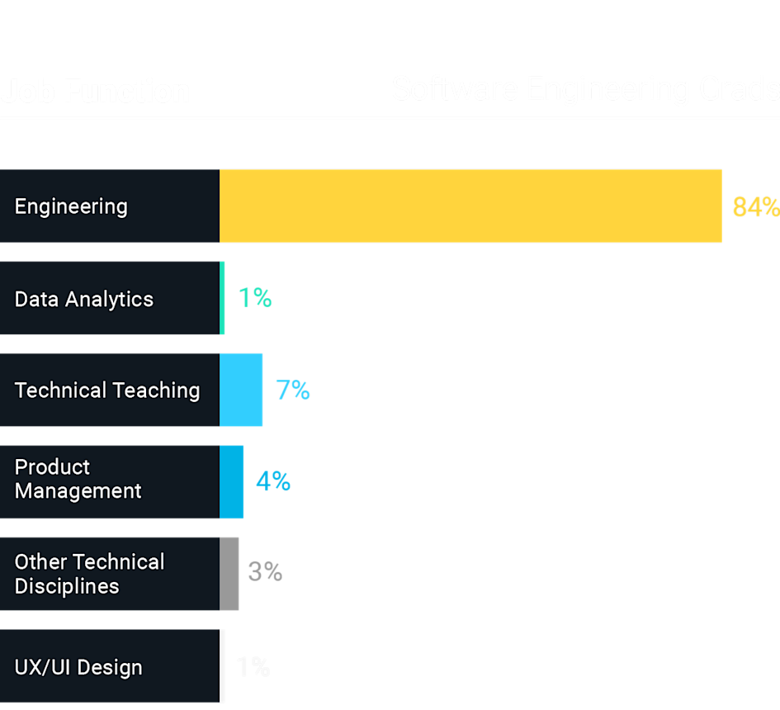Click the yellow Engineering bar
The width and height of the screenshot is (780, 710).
470,206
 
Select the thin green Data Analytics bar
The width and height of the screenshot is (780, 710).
223,298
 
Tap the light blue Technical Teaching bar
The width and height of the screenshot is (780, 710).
241,390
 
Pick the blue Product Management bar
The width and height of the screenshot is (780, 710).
232,481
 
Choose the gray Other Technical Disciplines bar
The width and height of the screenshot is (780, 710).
229,573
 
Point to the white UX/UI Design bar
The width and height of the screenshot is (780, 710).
223,665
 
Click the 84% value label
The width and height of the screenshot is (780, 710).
755,207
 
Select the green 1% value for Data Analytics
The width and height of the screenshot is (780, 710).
255,298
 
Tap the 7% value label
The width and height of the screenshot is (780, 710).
292,390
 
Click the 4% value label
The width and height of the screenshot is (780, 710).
273,481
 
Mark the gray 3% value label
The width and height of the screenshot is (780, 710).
265,572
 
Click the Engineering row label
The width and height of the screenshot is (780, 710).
71,206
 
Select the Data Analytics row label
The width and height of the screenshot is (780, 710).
84,299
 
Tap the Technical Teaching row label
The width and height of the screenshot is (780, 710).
107,390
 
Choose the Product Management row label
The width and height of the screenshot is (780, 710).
78,479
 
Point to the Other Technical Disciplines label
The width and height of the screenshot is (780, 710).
89,574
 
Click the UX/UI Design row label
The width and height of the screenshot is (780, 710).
78,667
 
